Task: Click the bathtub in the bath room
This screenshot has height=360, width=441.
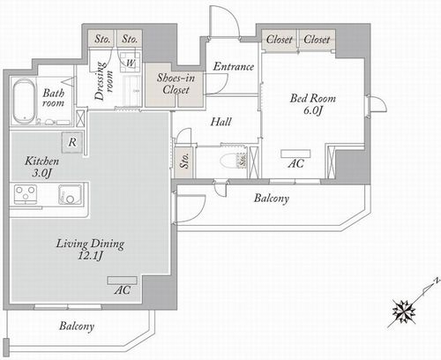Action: coord(24,101)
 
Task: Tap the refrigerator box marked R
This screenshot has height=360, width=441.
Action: coord(72,143)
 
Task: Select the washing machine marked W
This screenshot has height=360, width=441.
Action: coord(130,62)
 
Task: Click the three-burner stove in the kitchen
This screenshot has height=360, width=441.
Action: coord(26,194)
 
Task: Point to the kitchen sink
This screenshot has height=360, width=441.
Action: coord(70,194)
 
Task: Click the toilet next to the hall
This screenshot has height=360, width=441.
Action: coord(229,161)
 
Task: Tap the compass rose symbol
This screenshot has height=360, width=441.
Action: coord(404,311)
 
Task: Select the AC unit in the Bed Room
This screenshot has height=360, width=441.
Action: coord(295,154)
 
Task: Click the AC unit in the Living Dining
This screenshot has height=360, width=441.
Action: coord(122,281)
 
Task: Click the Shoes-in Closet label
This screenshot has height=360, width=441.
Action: coord(176,84)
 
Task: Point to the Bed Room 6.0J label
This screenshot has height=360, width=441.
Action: coord(313,104)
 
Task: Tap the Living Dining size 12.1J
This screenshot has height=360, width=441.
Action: coord(90,256)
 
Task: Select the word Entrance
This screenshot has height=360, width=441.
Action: coord(234,66)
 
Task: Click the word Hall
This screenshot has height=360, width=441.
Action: coord(220,122)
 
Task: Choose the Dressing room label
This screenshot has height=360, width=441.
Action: coord(103,81)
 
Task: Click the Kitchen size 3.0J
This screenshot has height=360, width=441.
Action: coord(41,173)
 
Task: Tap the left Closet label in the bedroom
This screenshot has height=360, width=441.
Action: coord(280,40)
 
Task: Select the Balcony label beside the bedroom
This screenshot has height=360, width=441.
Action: coord(272,199)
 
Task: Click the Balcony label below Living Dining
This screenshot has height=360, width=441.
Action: coord(77,326)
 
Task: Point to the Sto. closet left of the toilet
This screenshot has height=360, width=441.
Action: coord(183,161)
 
